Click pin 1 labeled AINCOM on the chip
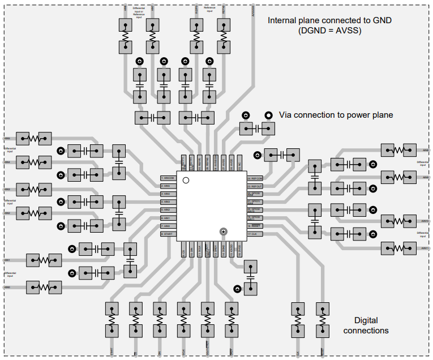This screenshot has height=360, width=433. pyautogui.click(x=168, y=178)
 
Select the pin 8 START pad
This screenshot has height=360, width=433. pyautogui.click(x=168, y=234)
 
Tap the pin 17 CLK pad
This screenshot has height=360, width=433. pyautogui.click(x=255, y=234)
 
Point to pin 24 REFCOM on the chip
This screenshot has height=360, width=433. pyautogui.click(x=255, y=178)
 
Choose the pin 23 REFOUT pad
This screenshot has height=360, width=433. pyautogui.click(x=255, y=186)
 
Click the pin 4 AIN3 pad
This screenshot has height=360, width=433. pyautogui.click(x=168, y=202)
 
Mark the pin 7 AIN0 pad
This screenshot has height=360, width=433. pyautogui.click(x=168, y=226)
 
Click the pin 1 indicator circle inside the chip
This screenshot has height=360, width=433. pyautogui.click(x=186, y=181)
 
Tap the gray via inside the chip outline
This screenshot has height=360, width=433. pyautogui.click(x=224, y=232)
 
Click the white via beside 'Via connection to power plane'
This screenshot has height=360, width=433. pyautogui.click(x=268, y=115)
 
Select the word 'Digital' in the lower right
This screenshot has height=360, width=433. pyautogui.click(x=366, y=320)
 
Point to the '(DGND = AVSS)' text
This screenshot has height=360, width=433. pyautogui.click(x=330, y=31)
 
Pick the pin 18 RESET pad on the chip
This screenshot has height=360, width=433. pyautogui.click(x=255, y=226)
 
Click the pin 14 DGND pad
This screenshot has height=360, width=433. pyautogui.click(x=224, y=251)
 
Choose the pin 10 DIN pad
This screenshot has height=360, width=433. pyautogui.click(x=192, y=251)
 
